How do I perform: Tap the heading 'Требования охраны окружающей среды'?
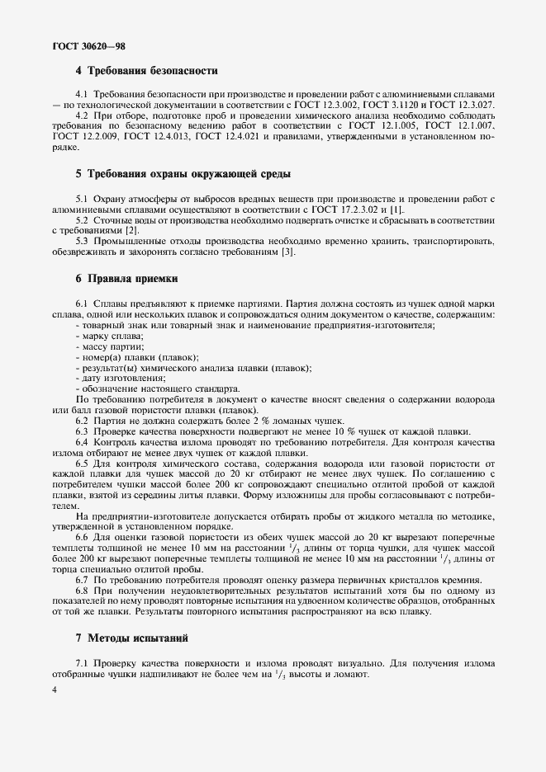click(x=183, y=174)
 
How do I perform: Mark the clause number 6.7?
click(x=83, y=580)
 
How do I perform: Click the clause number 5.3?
click(x=83, y=242)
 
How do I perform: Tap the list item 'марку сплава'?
click(x=112, y=337)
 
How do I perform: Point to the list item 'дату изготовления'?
click(x=124, y=378)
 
